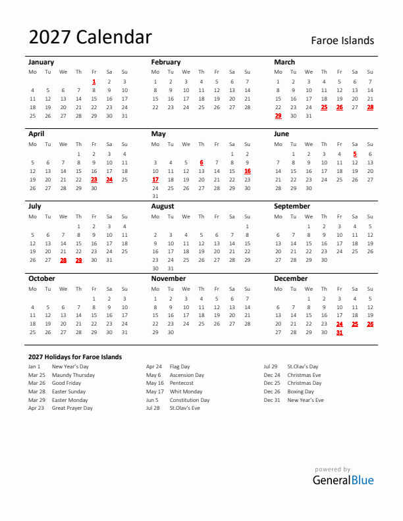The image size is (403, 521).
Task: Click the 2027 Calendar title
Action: tap(90, 37)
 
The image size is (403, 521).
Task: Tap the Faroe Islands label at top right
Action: tap(342, 41)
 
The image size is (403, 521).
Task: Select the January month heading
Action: tap(41, 62)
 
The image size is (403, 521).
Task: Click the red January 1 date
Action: tap(94, 82)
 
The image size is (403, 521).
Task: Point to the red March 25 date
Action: tap(324, 107)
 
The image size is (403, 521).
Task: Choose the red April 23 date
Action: tap(94, 179)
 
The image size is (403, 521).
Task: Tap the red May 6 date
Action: tap(201, 162)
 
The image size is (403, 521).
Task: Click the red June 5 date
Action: tap(355, 154)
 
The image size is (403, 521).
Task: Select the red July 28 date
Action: tap(63, 260)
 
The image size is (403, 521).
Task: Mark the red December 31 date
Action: tap(340, 332)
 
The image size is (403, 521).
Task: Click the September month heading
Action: tap(292, 206)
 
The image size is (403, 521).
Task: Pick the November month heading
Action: tap(169, 278)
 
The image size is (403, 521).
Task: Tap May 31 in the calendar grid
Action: tap(155, 196)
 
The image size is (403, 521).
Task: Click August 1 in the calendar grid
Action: tap(247, 226)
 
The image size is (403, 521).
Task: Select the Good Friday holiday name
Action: tap(67, 383)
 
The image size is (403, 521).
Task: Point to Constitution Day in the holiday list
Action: tap(190, 400)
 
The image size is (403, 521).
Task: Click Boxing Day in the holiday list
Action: tap(300, 391)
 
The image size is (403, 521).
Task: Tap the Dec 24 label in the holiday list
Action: tap(272, 375)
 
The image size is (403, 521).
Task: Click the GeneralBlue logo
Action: tap(342, 480)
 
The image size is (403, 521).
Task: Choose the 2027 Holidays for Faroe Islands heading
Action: tap(75, 357)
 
